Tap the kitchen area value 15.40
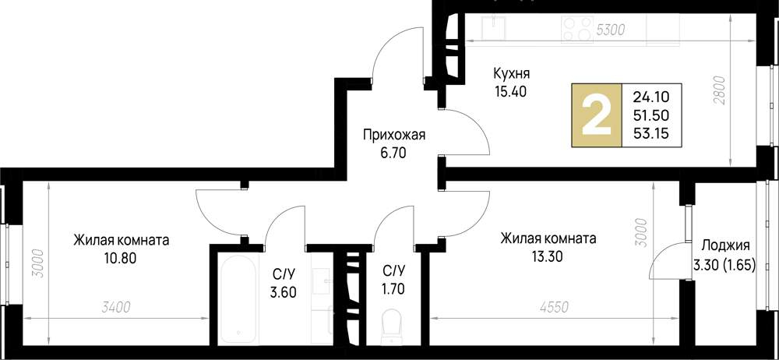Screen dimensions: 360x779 click(511, 92)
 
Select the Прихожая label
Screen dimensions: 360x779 click(393, 136)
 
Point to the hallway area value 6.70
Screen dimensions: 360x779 click(393, 154)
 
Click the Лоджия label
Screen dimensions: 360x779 click(725, 243)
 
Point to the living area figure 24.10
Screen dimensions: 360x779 click(650, 97)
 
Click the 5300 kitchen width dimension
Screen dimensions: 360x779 click(611, 30)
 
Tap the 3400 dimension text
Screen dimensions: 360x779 click(115, 309)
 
